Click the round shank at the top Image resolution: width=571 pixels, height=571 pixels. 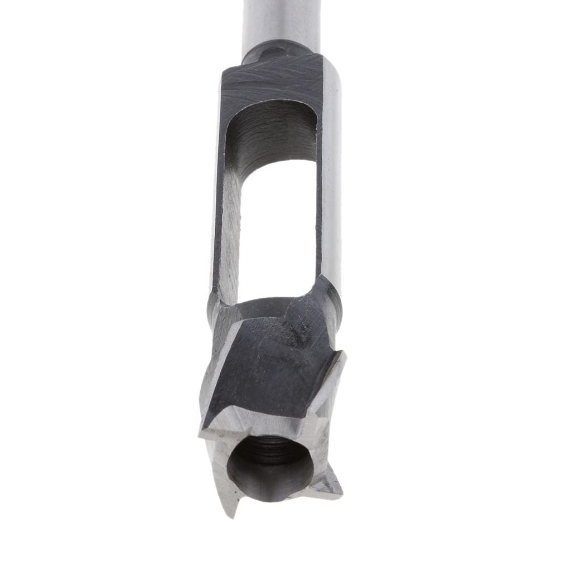(x=279, y=22)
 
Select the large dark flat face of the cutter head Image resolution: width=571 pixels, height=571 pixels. (x=262, y=368)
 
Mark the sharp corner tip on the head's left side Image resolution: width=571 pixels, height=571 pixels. (x=202, y=432)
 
